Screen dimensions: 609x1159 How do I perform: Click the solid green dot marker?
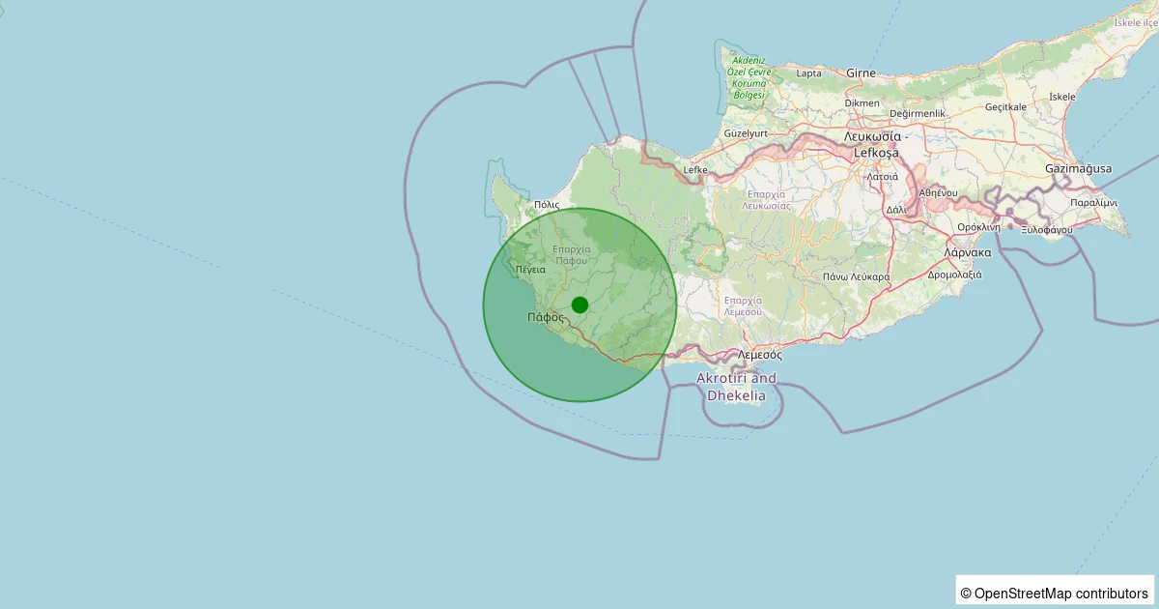pos(579,304)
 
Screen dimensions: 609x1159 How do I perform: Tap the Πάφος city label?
pos(546,317)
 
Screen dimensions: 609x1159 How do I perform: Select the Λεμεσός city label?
pos(759,355)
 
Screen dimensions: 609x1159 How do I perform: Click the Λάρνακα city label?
pos(969,252)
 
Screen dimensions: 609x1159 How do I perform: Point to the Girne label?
pos(861,72)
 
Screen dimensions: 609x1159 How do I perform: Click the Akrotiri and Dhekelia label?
pos(737,387)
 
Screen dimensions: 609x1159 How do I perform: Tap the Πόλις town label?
pos(547,205)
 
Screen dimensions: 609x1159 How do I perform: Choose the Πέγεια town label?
pos(531,270)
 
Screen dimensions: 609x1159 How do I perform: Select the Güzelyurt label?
pos(745,132)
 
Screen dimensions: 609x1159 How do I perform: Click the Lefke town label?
pos(695,170)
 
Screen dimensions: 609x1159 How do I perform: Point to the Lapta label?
pos(809,73)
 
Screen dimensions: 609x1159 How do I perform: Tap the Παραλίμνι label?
pos(1094,203)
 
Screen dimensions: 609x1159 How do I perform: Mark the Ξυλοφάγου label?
pos(1047,230)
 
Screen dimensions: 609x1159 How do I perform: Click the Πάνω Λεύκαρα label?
pos(857,277)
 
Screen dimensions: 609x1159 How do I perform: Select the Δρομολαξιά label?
pos(954,275)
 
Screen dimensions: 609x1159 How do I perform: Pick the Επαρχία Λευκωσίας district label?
pos(767,200)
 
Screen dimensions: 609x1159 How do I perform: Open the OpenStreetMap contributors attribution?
pos(1056,593)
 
